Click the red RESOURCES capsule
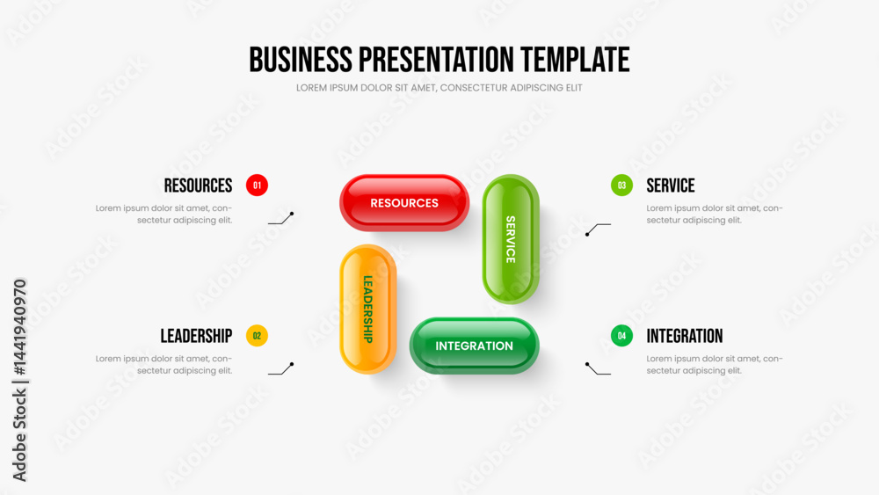tap(404, 202)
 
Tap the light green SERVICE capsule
tap(511, 239)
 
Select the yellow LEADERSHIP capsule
tap(367, 309)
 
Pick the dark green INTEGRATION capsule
tap(475, 346)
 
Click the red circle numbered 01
tap(257, 185)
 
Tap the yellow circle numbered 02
tap(257, 336)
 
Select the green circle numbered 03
tap(621, 185)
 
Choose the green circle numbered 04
tap(621, 336)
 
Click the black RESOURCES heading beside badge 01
tap(198, 186)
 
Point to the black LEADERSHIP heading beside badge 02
tap(196, 336)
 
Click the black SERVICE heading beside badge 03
tap(671, 186)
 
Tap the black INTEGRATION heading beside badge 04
tap(685, 336)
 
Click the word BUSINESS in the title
tap(301, 60)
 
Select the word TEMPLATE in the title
tap(575, 60)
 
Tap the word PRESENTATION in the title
tap(436, 60)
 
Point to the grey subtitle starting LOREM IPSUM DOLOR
tap(439, 88)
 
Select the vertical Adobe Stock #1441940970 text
tap(19, 380)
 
